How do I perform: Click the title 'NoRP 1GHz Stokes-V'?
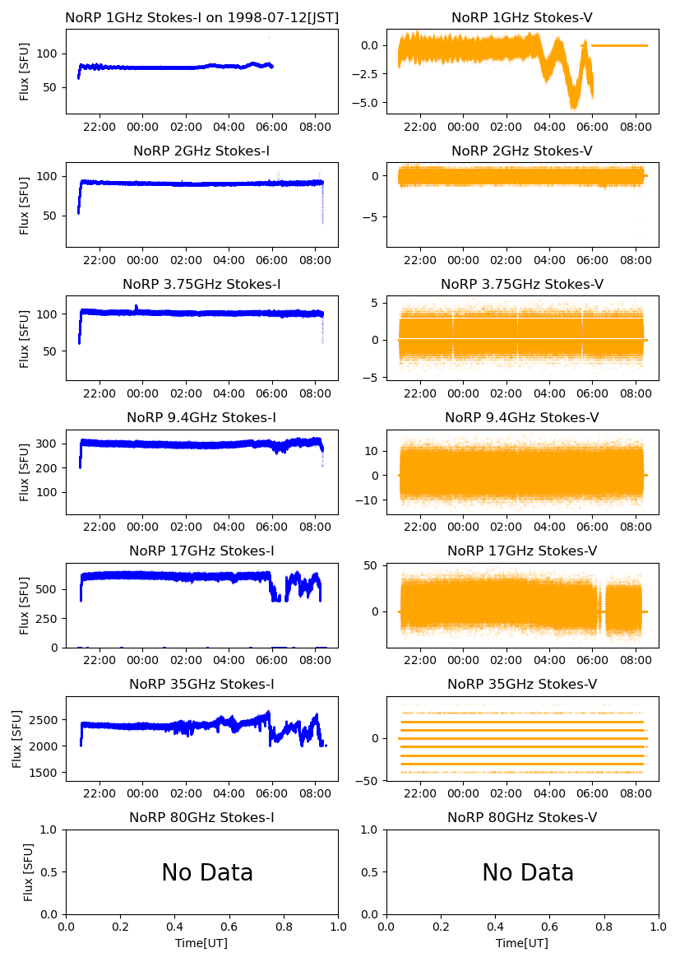click(x=522, y=17)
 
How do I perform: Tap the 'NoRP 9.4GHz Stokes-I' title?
click(x=201, y=417)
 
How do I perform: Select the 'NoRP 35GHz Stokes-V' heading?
click(x=522, y=684)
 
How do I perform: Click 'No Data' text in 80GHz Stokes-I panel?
click(x=207, y=872)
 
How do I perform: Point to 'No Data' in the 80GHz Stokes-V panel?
click(x=528, y=872)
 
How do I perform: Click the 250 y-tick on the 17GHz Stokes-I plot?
click(x=51, y=618)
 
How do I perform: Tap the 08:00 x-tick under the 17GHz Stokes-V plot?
click(x=636, y=661)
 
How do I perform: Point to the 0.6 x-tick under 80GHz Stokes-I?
click(x=229, y=927)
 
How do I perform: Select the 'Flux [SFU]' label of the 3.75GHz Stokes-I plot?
click(x=25, y=338)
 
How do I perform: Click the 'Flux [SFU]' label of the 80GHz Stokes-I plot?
click(x=28, y=871)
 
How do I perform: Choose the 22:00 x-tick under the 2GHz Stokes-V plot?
click(x=421, y=261)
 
